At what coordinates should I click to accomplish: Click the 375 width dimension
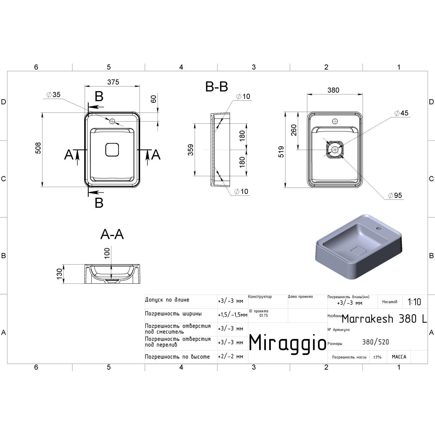tap(113, 82)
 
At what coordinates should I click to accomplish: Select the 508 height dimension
tap(38, 148)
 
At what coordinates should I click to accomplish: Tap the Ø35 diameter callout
tap(54, 95)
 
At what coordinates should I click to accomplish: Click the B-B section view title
tap(216, 87)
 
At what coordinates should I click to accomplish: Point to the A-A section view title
tap(112, 234)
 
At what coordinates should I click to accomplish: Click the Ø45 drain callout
tap(402, 113)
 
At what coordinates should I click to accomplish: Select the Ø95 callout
tap(395, 195)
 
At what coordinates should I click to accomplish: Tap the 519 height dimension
tap(281, 152)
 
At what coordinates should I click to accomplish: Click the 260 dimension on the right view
tap(294, 130)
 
